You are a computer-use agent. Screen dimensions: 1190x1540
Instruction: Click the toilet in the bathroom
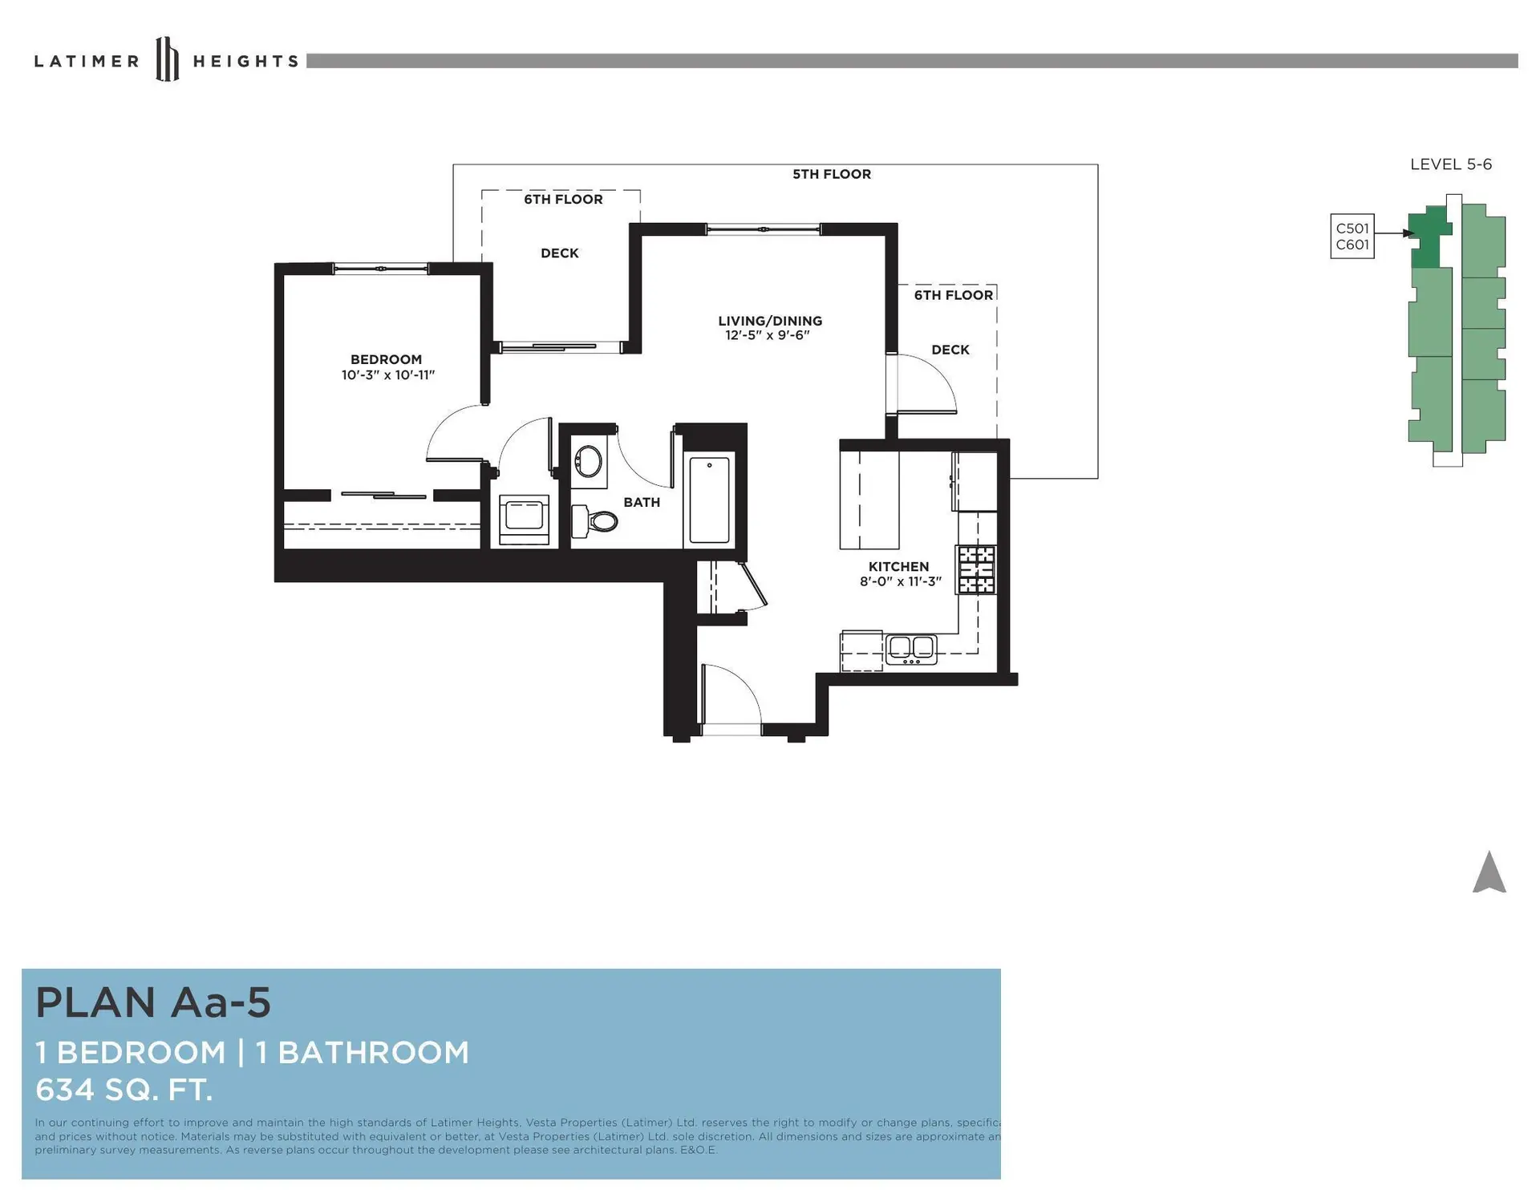coord(595,521)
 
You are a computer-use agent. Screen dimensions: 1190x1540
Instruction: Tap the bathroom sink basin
coord(589,463)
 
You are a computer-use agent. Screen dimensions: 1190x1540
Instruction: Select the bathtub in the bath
coord(710,500)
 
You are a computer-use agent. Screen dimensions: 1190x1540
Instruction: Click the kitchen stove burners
coord(976,569)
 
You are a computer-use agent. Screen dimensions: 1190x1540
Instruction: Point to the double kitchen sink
coord(911,648)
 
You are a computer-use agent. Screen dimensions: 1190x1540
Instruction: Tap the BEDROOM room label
coord(386,359)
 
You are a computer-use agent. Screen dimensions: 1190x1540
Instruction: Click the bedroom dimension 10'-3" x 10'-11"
coord(388,374)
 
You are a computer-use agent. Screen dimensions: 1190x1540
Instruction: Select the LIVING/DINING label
coord(770,321)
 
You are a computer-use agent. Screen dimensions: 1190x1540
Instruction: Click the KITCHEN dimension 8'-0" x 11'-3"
coord(901,581)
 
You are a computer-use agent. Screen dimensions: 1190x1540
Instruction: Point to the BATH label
coord(642,502)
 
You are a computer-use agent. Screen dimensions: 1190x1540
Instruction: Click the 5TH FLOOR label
coord(832,174)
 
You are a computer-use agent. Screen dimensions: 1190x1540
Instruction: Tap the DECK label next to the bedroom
coord(560,253)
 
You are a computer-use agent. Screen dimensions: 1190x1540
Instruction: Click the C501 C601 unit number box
coord(1352,237)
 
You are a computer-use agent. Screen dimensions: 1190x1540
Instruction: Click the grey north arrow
coord(1489,873)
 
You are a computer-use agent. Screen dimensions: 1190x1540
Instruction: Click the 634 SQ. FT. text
coord(124,1089)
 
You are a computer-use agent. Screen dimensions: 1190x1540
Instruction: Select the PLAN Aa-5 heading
coord(153,1002)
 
